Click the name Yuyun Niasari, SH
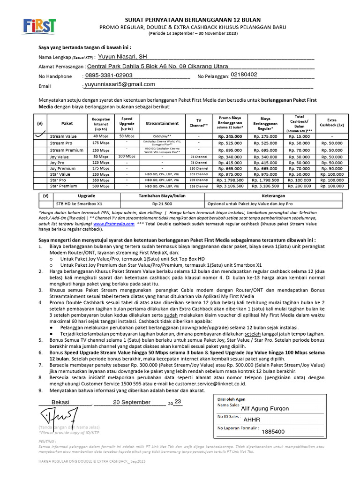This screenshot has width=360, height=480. (x=121, y=56)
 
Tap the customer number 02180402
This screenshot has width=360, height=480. (x=244, y=75)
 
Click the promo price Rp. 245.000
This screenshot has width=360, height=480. (x=230, y=136)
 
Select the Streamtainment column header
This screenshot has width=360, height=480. (x=162, y=123)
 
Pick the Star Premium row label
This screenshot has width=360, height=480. (x=64, y=186)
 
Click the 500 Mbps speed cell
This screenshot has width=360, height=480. (x=101, y=186)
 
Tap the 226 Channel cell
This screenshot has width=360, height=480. (x=199, y=186)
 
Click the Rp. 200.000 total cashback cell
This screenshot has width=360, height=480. (x=299, y=186)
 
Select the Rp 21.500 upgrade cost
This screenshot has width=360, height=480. (x=162, y=204)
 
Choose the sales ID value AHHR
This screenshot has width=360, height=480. (x=252, y=420)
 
